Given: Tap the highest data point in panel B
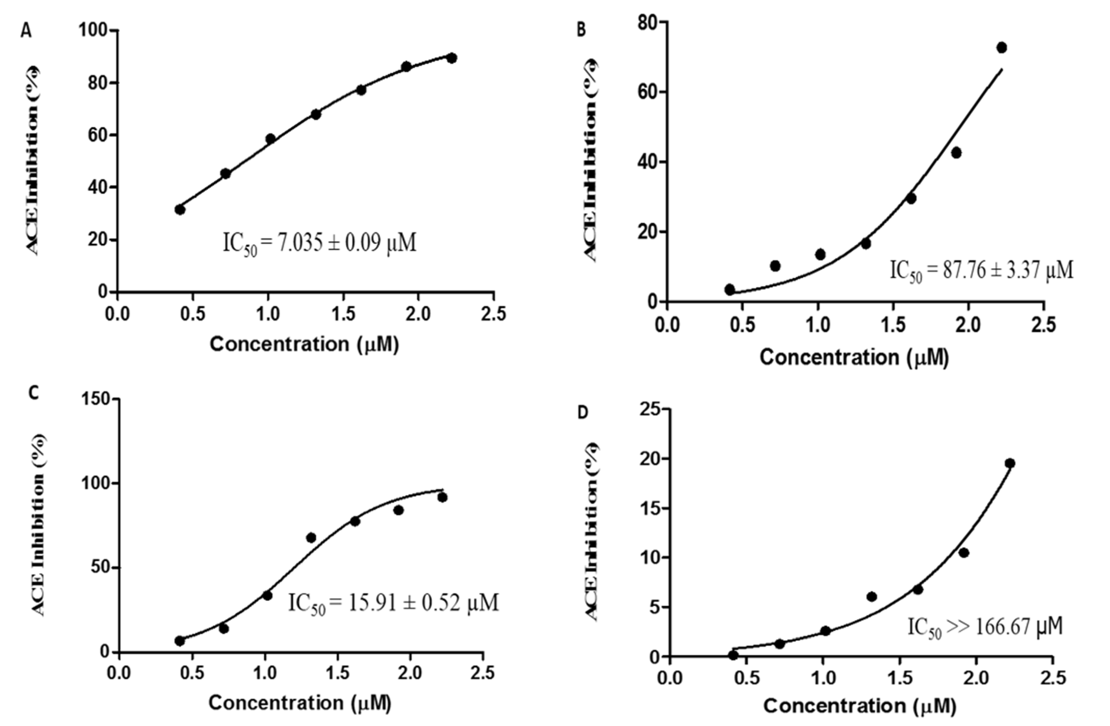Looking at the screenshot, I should pyautogui.click(x=1001, y=48).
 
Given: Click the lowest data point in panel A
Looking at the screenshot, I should pyautogui.click(x=180, y=210).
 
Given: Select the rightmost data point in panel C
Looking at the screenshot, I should pyautogui.click(x=443, y=497).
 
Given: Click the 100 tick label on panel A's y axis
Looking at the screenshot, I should pyautogui.click(x=93, y=31).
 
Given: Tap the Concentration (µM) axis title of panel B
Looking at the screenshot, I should pyautogui.click(x=854, y=357).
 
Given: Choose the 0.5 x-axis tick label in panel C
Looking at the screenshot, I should pyautogui.click(x=192, y=673).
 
